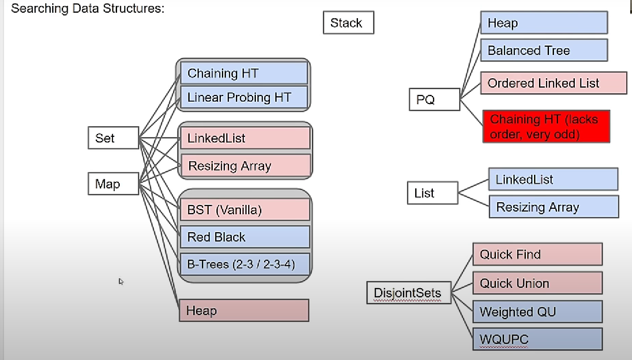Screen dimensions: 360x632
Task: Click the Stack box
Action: pos(348,23)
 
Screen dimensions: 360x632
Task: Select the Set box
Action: pos(113,138)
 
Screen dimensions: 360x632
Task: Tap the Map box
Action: pos(113,184)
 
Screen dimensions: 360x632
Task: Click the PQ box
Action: pos(435,99)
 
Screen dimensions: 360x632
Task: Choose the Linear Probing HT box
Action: pos(244,97)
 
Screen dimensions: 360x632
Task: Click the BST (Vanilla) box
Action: pos(245,210)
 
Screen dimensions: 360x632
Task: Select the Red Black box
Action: pos(245,237)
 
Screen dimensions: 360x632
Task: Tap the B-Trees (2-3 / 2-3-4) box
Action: pos(245,264)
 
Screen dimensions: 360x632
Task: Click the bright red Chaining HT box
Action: pos(546,127)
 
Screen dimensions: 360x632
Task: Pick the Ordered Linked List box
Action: pos(554,83)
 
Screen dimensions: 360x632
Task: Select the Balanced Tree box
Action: pos(544,50)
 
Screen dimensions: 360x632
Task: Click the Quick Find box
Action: pos(537,254)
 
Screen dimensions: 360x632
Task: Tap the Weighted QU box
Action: pos(537,312)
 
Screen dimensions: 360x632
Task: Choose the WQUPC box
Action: pos(537,339)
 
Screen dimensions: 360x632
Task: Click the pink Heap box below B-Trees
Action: pos(244,311)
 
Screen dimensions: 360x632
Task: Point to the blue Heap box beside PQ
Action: pos(544,23)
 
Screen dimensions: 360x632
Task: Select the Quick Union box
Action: pos(537,283)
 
